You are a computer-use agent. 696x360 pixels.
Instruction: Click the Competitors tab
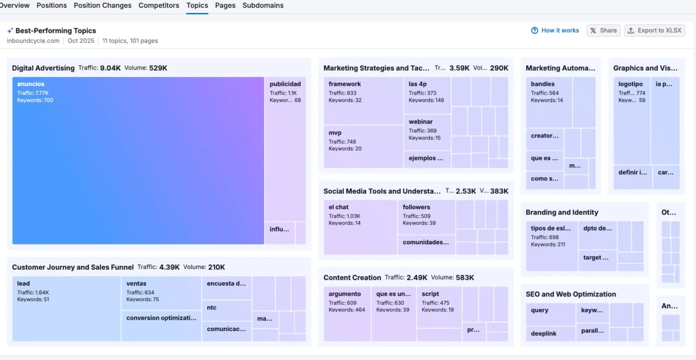(x=159, y=5)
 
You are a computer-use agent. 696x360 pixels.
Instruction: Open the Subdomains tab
(x=263, y=5)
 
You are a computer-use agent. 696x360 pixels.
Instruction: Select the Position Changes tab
(x=103, y=5)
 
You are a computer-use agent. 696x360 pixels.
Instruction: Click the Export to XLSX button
(x=654, y=30)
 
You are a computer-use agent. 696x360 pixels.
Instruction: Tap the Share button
(x=604, y=30)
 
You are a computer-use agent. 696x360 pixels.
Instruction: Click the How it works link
(x=555, y=30)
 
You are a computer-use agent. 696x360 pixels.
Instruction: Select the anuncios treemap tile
(x=138, y=160)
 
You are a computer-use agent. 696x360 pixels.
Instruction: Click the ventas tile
(x=161, y=294)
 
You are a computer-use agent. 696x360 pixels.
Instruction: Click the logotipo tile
(x=632, y=120)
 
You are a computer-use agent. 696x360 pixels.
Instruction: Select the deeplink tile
(x=550, y=333)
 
